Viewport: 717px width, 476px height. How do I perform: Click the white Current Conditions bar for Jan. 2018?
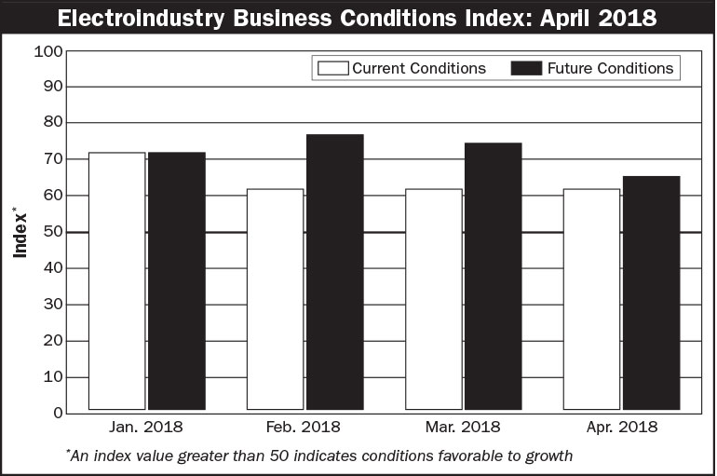[116, 280]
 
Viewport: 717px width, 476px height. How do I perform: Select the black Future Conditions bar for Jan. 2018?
[176, 280]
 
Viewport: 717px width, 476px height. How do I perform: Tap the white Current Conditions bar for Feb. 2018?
[275, 299]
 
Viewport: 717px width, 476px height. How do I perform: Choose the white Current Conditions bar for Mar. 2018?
[433, 299]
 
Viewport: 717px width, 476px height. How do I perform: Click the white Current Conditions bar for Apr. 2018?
[591, 299]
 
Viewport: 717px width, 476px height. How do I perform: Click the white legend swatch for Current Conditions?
[332, 68]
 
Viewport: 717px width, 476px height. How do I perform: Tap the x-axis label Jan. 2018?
[146, 428]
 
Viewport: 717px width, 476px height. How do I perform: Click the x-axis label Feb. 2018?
[304, 428]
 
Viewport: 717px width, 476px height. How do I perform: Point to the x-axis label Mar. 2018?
[463, 428]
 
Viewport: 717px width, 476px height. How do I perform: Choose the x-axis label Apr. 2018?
[621, 428]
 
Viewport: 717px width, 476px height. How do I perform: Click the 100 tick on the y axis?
[47, 50]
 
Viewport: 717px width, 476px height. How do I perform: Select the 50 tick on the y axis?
[52, 232]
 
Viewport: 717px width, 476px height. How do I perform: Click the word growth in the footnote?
[548, 456]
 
